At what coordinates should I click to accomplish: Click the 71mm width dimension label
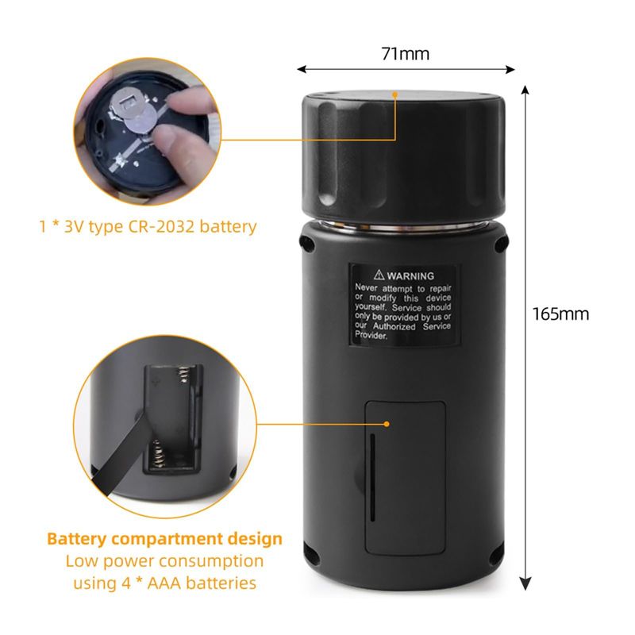point(405,54)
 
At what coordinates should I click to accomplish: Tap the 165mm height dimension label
point(560,314)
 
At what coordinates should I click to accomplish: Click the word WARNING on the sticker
point(410,276)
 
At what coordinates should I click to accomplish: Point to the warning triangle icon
point(379,275)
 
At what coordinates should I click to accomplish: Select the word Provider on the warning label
point(371,335)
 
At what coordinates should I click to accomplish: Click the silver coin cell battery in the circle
point(140,120)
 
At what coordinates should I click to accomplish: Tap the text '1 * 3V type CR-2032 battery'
point(148,226)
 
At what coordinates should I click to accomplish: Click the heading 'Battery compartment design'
point(164,539)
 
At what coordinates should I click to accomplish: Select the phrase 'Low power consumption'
point(164,561)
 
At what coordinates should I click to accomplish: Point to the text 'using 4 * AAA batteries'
point(164,583)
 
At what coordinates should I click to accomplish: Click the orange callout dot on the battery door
point(387,424)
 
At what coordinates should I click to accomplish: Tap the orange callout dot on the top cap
point(395,94)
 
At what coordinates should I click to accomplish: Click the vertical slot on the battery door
point(372,478)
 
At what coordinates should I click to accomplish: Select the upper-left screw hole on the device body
point(306,244)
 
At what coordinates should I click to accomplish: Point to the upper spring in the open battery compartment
point(184,374)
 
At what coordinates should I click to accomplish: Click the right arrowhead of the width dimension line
point(510,70)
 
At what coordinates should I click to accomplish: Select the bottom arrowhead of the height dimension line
point(525,584)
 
